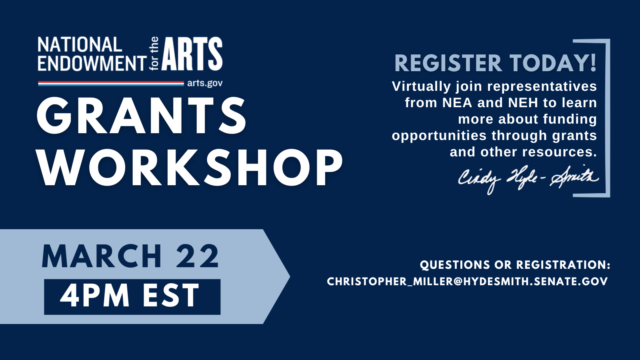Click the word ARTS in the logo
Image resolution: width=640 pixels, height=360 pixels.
192,54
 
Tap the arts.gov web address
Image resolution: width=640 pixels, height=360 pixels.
205,84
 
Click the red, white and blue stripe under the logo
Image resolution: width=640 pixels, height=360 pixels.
111,84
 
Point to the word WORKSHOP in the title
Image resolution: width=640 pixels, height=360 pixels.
190,167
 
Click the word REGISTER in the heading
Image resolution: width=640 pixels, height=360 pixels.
448,63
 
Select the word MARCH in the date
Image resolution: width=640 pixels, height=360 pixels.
102,256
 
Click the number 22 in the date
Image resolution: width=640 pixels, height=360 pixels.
198,256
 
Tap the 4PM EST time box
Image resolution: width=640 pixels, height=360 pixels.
132,297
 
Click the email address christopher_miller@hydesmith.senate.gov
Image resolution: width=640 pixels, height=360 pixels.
468,282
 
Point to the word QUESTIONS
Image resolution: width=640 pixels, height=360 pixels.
454,265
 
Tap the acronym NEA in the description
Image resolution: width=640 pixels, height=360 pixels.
457,103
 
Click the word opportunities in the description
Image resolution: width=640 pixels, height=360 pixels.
439,136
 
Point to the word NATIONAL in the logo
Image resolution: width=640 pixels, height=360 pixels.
80,45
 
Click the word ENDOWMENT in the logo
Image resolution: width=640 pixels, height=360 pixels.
92,63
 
